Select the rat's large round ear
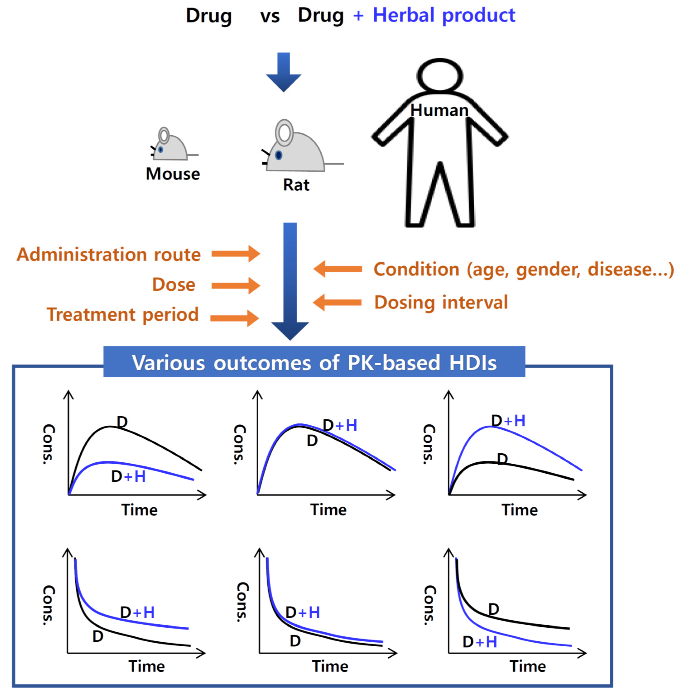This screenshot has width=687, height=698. (284, 133)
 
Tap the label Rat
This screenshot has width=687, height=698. (296, 185)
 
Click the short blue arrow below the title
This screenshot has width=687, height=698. (283, 72)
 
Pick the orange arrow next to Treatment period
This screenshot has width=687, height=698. (235, 318)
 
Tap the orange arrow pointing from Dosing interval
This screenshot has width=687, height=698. (337, 302)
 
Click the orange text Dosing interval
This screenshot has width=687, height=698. (441, 302)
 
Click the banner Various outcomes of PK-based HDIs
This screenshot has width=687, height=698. (314, 362)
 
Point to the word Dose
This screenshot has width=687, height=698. (173, 284)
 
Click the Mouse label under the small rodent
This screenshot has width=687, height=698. (173, 174)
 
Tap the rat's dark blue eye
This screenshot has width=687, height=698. (279, 155)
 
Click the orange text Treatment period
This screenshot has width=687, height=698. (123, 314)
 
